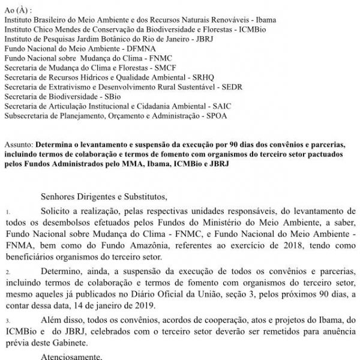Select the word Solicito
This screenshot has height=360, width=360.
(x=57, y=212)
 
